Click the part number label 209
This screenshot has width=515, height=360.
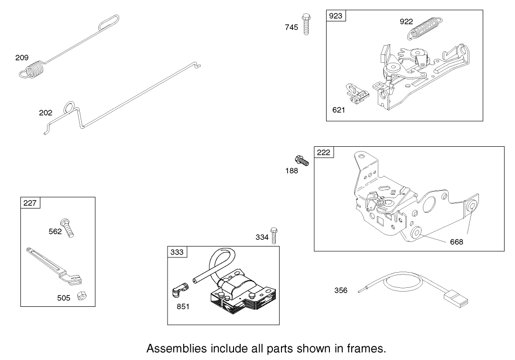[x=22, y=58]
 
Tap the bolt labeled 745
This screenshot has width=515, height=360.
[x=306, y=24]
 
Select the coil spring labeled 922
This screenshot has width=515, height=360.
[x=425, y=28]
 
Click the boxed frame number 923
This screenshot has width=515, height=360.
[x=336, y=16]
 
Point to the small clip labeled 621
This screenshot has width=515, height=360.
[x=357, y=95]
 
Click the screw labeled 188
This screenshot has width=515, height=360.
[x=302, y=161]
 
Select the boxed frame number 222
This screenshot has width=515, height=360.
[x=324, y=152]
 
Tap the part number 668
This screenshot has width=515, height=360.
[x=457, y=242]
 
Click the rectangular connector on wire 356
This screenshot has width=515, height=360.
[x=456, y=298]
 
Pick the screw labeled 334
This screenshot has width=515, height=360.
[x=273, y=236]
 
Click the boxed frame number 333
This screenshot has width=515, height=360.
[x=177, y=252]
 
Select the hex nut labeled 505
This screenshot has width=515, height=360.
[x=82, y=295]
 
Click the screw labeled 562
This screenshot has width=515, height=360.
[x=67, y=228]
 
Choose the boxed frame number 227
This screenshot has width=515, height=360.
[x=30, y=203]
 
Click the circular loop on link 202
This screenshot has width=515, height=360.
[x=69, y=107]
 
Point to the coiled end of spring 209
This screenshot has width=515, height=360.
[x=32, y=70]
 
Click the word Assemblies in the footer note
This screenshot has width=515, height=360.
[x=177, y=349]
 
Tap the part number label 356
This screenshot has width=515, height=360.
[x=341, y=290]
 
